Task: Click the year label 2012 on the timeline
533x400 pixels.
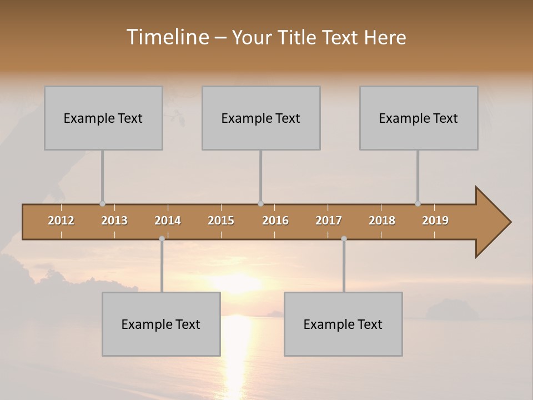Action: tap(61, 221)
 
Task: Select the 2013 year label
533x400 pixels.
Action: tap(114, 221)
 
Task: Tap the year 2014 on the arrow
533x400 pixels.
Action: tap(168, 221)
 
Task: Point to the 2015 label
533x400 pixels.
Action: tap(221, 221)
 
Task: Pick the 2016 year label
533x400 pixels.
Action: tap(275, 221)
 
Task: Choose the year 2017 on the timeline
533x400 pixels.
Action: tap(329, 221)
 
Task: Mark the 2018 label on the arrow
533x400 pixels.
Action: tap(382, 221)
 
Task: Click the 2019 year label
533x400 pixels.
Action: tap(435, 221)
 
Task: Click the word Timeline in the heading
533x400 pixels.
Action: tap(167, 37)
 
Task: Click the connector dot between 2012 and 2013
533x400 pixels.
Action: tap(102, 204)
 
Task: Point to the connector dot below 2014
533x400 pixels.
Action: tap(162, 239)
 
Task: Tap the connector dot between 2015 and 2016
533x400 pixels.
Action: tap(260, 204)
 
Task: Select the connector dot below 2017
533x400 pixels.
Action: tap(344, 239)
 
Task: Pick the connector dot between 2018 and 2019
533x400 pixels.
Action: tap(418, 204)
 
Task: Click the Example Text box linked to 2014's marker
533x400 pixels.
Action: tap(161, 324)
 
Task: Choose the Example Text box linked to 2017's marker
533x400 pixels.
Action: tap(343, 324)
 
